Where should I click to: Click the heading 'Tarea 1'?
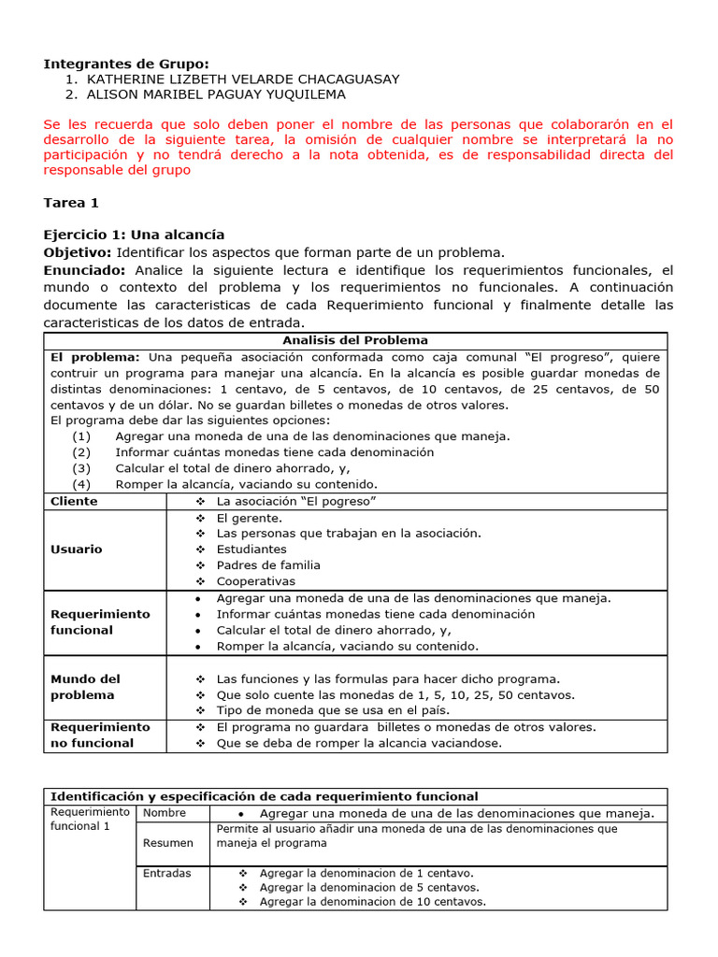click(71, 203)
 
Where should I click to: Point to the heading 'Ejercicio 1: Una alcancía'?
click(134, 235)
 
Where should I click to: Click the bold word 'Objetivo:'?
click(78, 252)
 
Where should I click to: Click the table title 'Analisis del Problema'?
click(355, 340)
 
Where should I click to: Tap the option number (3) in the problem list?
click(81, 468)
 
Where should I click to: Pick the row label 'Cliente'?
click(74, 501)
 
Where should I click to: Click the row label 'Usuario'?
click(77, 550)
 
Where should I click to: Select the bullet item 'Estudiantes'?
click(251, 550)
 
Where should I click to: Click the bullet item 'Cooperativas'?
click(255, 581)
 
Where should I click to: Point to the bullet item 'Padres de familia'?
click(267, 565)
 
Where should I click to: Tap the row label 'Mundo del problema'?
click(85, 687)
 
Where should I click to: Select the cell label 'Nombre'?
click(165, 813)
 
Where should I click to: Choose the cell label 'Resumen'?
click(167, 843)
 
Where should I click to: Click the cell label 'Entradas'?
click(166, 873)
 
